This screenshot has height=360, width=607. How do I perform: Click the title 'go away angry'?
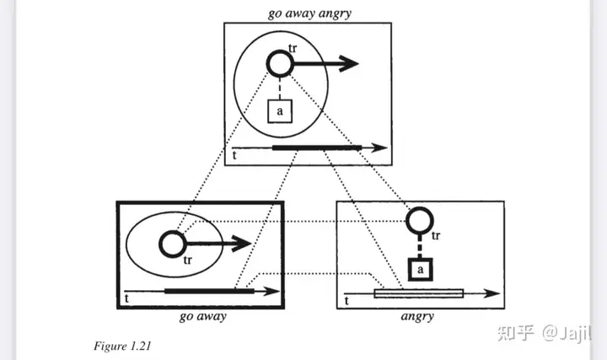[309, 13]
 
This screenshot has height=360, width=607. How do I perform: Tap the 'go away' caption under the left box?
[203, 316]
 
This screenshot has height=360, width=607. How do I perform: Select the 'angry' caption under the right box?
[417, 316]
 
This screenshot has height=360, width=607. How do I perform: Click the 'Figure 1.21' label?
[122, 346]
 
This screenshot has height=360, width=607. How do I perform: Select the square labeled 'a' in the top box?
[280, 111]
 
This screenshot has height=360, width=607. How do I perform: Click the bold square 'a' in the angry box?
[421, 270]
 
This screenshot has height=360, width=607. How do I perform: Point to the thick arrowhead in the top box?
[348, 64]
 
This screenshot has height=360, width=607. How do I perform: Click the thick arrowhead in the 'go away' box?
[242, 244]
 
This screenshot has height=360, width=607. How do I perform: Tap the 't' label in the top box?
[234, 155]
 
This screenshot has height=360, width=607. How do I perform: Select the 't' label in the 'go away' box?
[126, 298]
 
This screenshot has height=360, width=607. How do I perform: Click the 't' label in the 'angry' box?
[346, 300]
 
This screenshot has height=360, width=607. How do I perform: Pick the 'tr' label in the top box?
[293, 48]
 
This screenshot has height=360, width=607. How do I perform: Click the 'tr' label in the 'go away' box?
[188, 261]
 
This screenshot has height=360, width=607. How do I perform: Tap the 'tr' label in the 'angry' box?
[436, 235]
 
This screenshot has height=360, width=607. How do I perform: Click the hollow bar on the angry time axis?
[419, 293]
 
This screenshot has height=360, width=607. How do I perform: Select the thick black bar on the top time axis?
[317, 148]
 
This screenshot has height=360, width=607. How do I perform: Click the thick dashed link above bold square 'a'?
[420, 246]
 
